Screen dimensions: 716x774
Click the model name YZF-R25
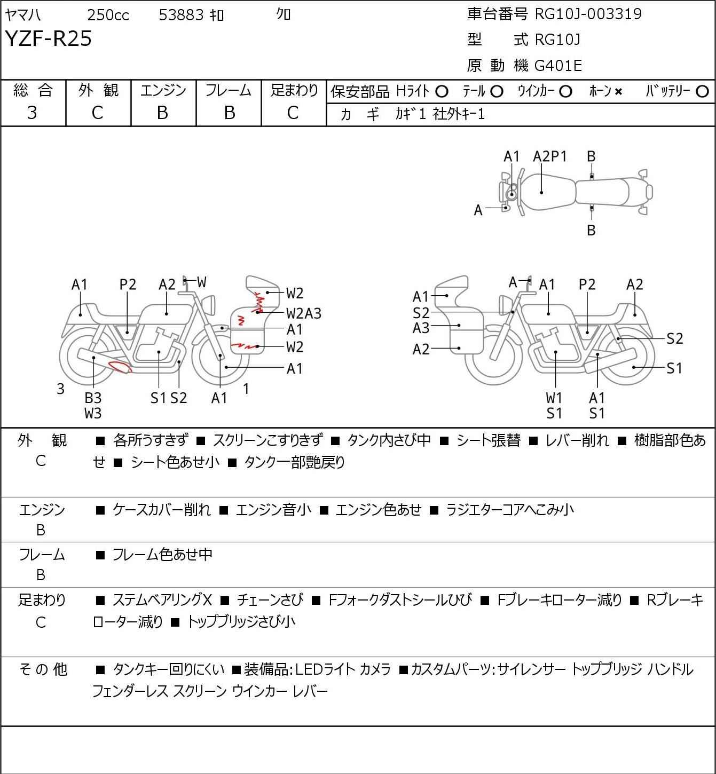49,38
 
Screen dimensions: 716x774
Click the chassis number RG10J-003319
588,14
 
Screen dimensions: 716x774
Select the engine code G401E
558,66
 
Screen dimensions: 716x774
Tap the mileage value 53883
181,15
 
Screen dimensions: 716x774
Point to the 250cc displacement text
108,15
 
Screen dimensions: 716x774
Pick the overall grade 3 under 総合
32,113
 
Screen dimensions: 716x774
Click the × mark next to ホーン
618,92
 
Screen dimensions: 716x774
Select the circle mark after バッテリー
702,92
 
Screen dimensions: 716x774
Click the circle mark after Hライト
442,92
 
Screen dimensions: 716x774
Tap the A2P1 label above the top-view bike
549,156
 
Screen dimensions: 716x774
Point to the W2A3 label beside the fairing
303,313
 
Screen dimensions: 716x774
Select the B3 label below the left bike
93,398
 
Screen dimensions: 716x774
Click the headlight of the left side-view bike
209,304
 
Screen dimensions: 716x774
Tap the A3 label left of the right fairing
421,328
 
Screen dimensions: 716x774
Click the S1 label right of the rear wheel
674,368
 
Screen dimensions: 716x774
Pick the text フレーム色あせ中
162,554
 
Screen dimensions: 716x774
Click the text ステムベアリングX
162,600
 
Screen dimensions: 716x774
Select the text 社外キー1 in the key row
459,114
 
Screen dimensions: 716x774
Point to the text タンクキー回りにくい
169,669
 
